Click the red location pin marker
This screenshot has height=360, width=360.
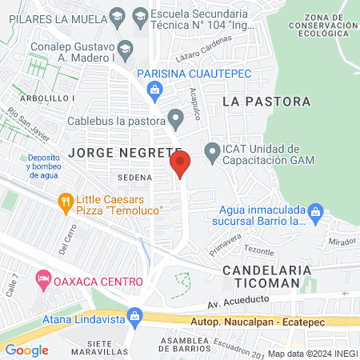[x=180, y=165]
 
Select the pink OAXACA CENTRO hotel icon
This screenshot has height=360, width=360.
[x=42, y=281]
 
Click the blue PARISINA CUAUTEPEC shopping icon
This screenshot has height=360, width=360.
[x=154, y=92]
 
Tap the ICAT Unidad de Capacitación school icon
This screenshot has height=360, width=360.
[x=212, y=150]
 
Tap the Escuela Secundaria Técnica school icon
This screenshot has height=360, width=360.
[x=141, y=15]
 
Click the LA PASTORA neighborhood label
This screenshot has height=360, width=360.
[x=266, y=102]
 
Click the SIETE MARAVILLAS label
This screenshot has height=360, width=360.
[x=110, y=348]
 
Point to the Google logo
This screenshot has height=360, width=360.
[x=27, y=350]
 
